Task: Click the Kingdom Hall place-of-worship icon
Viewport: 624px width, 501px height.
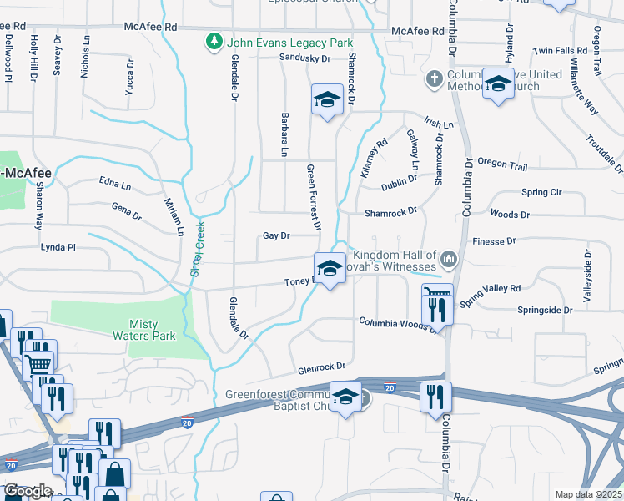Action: coord(449,261)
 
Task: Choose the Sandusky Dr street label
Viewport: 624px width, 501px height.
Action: coord(304,58)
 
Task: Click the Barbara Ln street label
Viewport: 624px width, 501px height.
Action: coord(284,135)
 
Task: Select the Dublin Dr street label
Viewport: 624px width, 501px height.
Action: coord(399,184)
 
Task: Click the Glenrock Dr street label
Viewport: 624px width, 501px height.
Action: coord(321,367)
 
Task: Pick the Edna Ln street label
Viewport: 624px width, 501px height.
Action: coord(115,184)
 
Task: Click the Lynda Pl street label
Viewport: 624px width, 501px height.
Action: coord(58,247)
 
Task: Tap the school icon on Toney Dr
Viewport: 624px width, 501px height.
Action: coord(330,268)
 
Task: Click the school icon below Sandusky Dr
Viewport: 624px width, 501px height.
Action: coord(327,100)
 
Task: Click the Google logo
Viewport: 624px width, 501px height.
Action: coord(27,491)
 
